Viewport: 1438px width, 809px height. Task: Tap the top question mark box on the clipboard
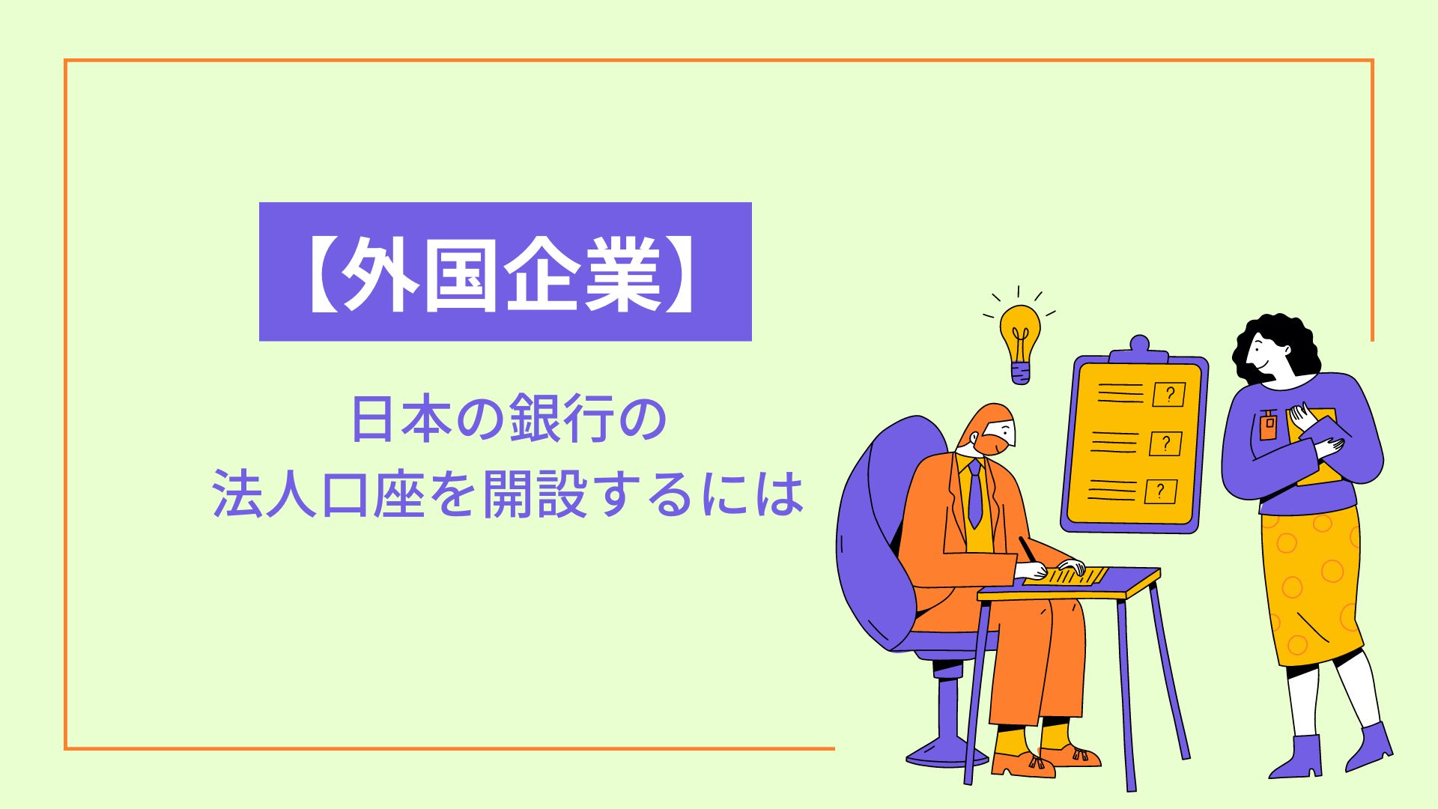(1169, 394)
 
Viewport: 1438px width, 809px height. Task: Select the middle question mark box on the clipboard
(1165, 443)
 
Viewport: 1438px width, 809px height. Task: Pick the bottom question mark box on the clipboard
(1160, 491)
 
